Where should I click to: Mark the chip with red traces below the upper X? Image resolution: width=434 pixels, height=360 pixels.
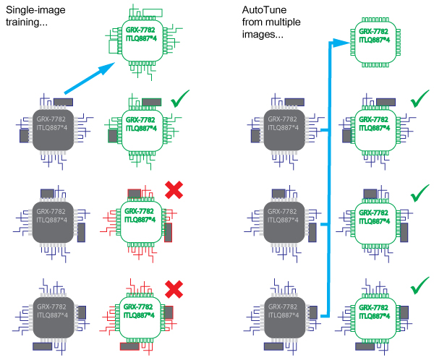(140, 216)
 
